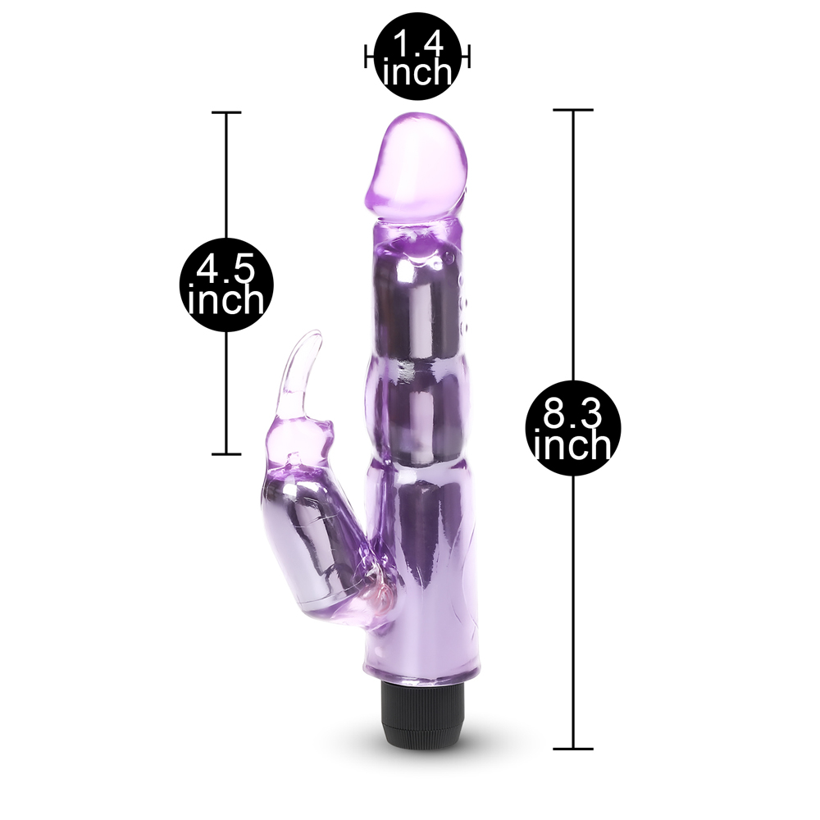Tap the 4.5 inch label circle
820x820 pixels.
[x=226, y=285]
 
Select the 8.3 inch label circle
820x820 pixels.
[x=573, y=428]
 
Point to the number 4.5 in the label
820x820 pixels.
[x=226, y=269]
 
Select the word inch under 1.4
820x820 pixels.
[x=417, y=71]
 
